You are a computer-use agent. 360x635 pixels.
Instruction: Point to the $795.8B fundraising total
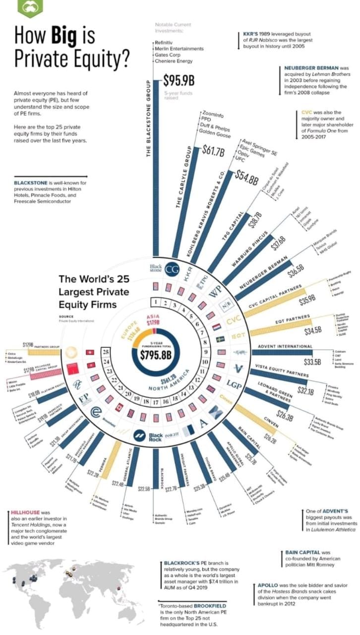pos(155,354)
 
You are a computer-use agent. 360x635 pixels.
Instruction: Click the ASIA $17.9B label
pos(153,320)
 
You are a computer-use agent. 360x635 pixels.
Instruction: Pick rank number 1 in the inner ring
pos(156,302)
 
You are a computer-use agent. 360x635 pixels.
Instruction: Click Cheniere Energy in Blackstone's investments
pos(174,62)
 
